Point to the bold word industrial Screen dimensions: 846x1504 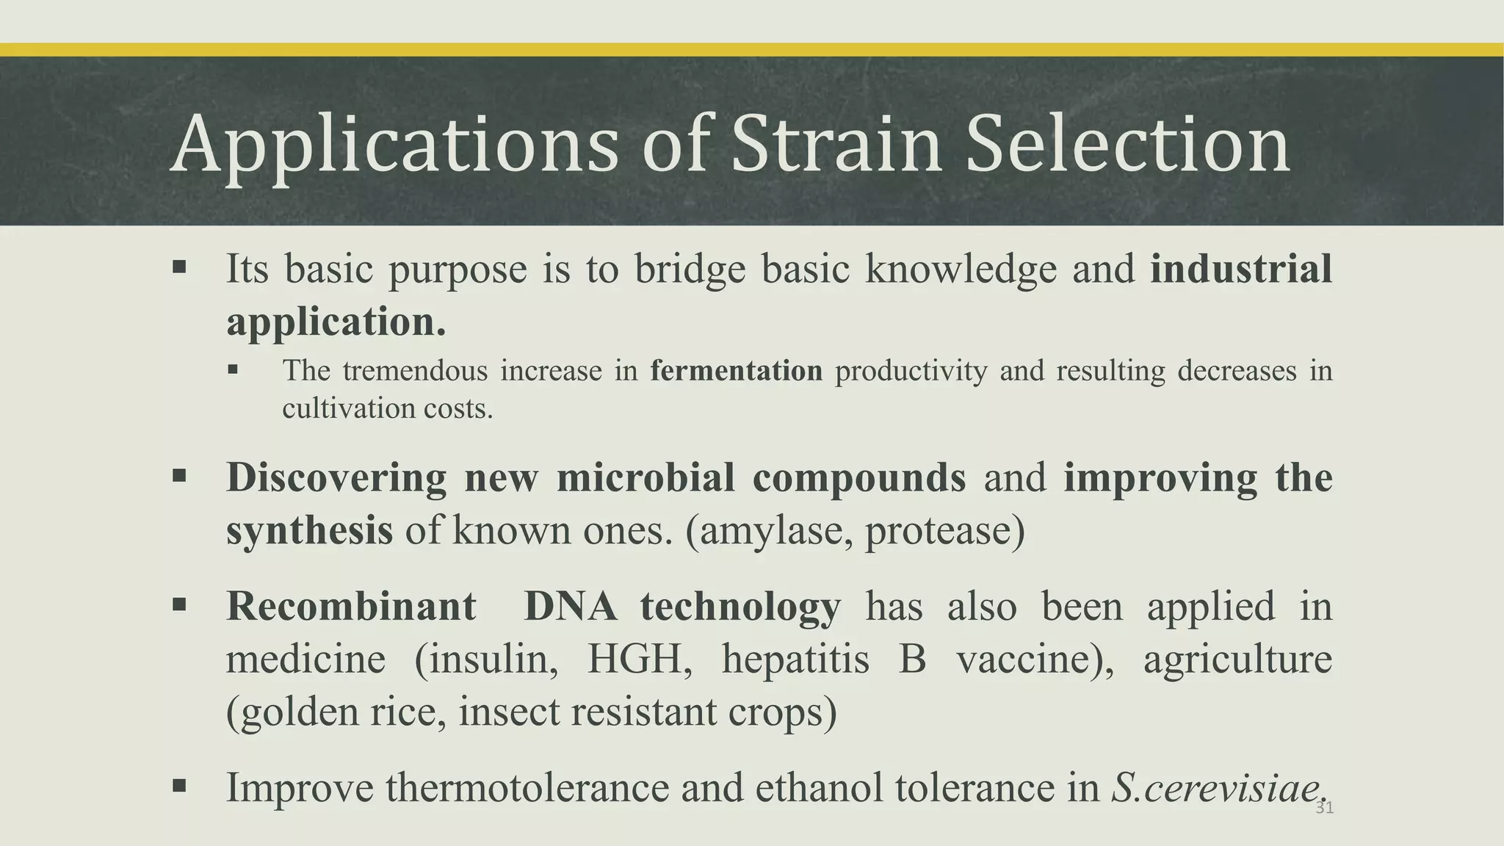(x=1240, y=269)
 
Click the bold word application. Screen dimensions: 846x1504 (x=336, y=322)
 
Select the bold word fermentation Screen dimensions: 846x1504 (x=736, y=371)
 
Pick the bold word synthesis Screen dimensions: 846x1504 (x=309, y=530)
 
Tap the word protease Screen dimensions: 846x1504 (x=944, y=530)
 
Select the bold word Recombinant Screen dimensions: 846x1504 (x=351, y=607)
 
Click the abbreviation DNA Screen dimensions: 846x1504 (x=570, y=607)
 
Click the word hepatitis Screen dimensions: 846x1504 (x=795, y=659)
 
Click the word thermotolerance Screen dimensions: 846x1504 (x=527, y=788)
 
